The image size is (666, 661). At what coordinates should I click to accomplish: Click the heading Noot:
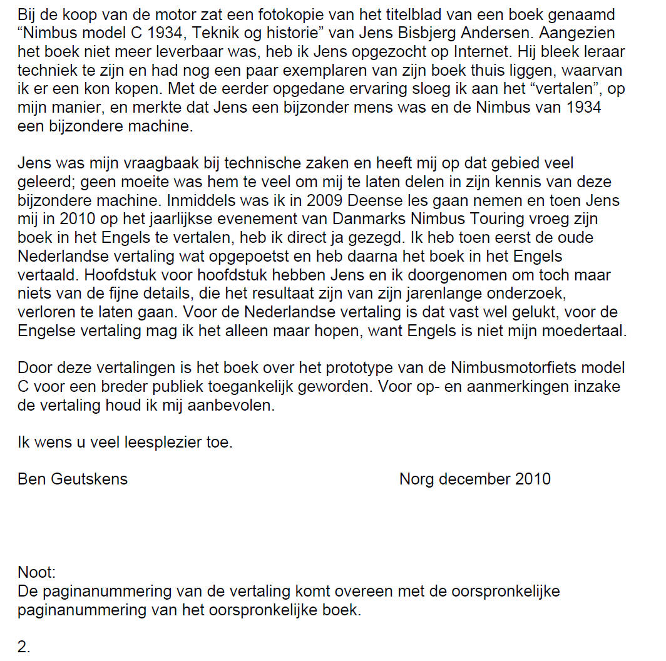pyautogui.click(x=36, y=572)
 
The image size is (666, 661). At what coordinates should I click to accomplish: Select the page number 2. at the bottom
pyautogui.click(x=24, y=647)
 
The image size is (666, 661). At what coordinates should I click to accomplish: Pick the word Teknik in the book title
pyautogui.click(x=242, y=31)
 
